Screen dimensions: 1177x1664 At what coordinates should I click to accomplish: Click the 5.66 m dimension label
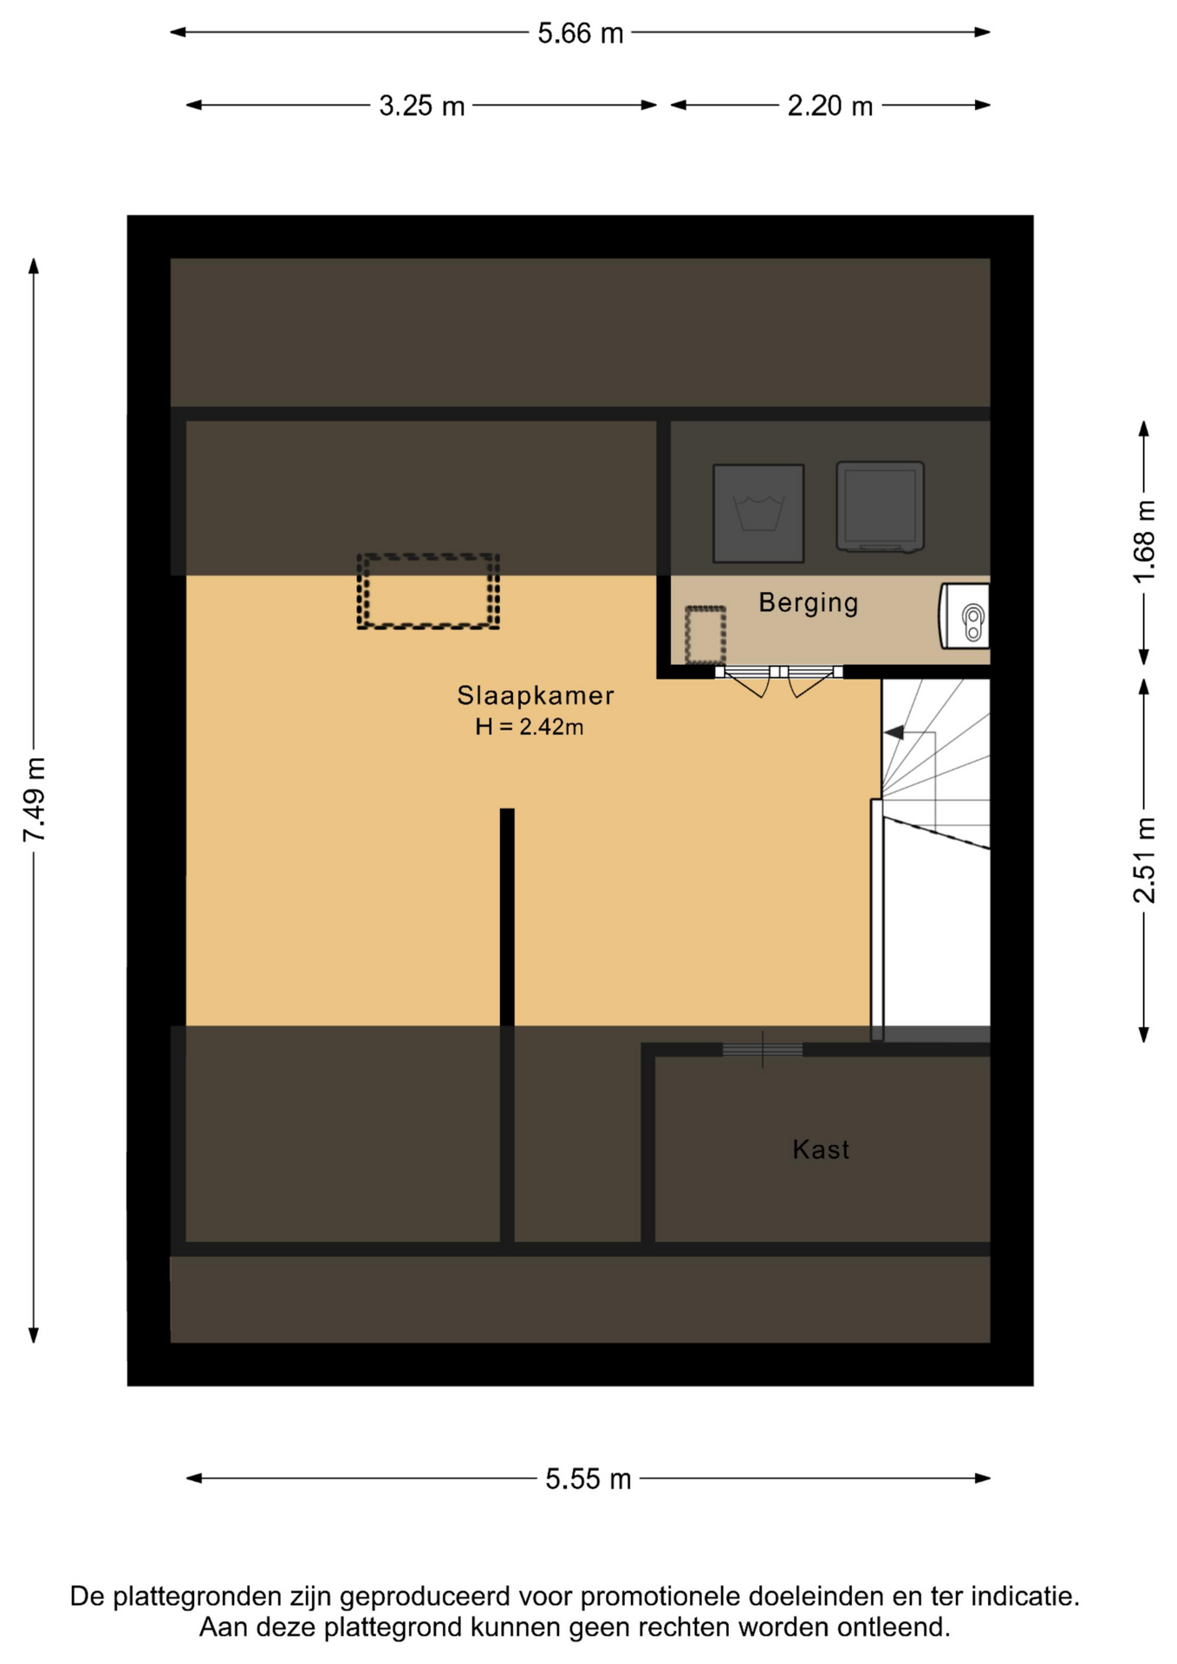(x=580, y=33)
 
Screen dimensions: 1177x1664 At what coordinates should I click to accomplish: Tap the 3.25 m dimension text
(x=422, y=106)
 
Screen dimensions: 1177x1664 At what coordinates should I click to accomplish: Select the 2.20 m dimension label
(x=829, y=106)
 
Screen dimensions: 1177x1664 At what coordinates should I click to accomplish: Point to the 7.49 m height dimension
(x=35, y=799)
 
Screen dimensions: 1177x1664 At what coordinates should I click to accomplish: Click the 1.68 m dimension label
(x=1144, y=542)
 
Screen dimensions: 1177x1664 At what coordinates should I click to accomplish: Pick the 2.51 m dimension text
(x=1144, y=860)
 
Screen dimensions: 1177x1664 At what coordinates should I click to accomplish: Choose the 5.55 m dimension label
(x=588, y=1479)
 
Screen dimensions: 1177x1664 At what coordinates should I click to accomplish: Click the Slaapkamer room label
(x=536, y=695)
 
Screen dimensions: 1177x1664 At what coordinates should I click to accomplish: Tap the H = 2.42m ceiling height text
(x=529, y=726)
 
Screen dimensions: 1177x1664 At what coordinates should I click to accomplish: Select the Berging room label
(x=809, y=602)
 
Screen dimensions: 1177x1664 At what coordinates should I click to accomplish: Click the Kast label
(x=821, y=1149)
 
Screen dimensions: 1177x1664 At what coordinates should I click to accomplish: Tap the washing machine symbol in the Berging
(x=758, y=513)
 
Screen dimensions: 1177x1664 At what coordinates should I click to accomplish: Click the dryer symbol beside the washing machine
(x=880, y=507)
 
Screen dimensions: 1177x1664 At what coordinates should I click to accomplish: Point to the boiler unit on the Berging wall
(x=964, y=615)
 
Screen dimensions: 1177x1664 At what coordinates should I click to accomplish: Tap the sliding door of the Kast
(x=763, y=1050)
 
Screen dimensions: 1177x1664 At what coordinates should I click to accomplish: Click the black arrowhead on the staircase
(x=894, y=732)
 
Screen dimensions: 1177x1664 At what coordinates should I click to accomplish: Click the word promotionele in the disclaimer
(x=660, y=1596)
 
